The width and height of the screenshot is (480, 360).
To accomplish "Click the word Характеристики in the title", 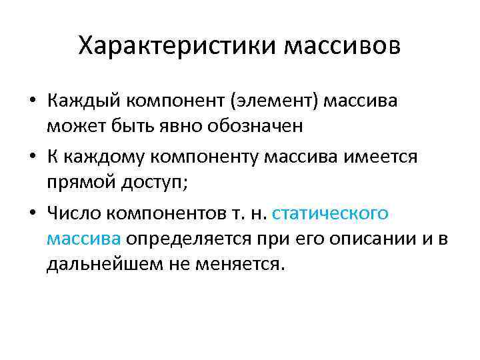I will point(177,47).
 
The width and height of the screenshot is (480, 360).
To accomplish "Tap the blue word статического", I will point(331,214).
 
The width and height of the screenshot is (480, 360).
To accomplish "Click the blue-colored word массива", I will point(84,238).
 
